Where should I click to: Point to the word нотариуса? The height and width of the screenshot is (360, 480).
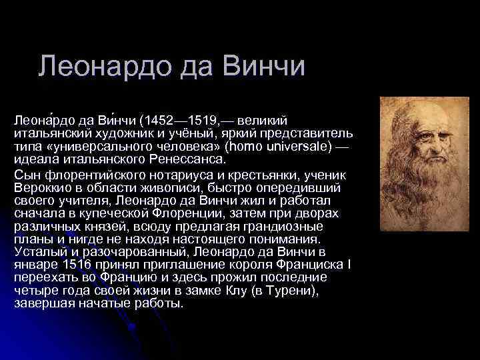coord(155,175)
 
